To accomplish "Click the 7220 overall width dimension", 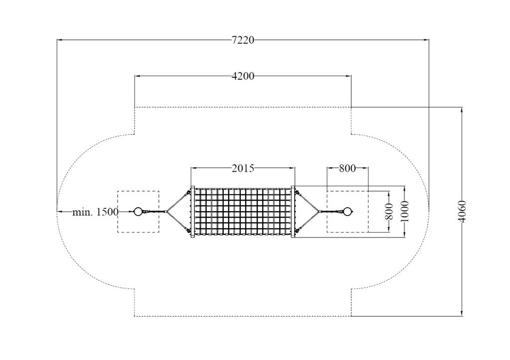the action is [243, 40].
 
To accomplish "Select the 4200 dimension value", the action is [243, 76].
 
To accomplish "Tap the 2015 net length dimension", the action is [243, 168].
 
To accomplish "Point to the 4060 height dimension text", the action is [462, 212].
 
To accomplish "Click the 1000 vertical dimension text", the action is [404, 212].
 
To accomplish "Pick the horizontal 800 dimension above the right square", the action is [347, 168].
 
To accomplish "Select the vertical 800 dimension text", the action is [389, 212].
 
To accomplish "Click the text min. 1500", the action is [95, 212].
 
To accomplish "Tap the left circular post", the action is [138, 212].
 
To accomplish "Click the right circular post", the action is [348, 212].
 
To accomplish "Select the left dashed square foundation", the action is [138, 212].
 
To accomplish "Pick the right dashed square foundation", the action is [348, 212].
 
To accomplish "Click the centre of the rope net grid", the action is [243, 212].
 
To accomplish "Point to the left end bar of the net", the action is [193, 212].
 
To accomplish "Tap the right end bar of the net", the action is [293, 212].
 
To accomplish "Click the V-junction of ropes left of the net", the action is [167, 212].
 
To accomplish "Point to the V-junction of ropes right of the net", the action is [319, 212].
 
